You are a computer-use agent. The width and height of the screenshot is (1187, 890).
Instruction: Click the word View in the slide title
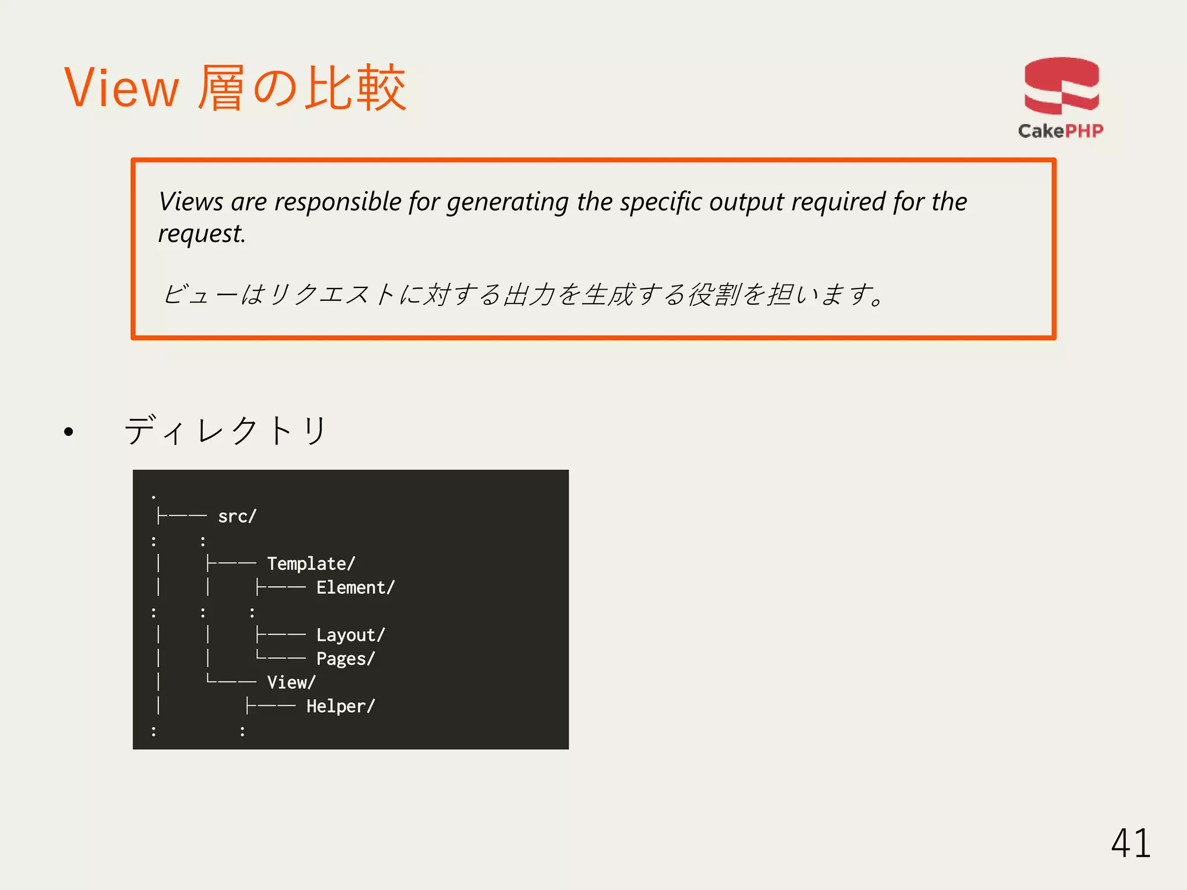click(121, 88)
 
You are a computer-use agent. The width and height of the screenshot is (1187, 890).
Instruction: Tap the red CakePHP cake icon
click(1061, 86)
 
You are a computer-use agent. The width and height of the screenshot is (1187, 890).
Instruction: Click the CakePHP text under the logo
click(1061, 131)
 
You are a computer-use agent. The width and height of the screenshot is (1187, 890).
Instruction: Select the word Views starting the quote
click(191, 202)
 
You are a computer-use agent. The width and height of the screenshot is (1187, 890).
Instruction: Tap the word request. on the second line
click(202, 234)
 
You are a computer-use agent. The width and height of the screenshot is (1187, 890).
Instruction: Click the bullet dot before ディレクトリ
click(69, 432)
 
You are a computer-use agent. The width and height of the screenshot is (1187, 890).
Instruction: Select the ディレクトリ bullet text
click(226, 431)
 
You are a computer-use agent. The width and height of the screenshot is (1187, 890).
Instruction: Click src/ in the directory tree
click(237, 516)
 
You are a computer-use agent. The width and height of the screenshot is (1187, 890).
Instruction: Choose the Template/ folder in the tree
click(311, 564)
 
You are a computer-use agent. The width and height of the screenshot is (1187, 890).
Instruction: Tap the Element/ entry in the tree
click(355, 588)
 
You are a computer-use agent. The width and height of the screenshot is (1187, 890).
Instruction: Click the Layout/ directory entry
click(350, 635)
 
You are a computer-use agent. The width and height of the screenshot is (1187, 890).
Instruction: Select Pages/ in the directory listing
click(345, 659)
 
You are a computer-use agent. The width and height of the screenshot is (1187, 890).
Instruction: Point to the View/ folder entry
click(291, 683)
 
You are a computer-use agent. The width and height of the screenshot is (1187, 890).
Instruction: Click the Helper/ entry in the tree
click(341, 706)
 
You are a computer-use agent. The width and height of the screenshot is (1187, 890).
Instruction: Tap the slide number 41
click(1130, 843)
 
